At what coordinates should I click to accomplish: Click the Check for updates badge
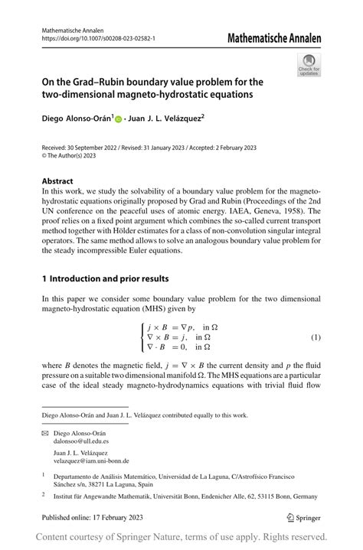[309, 64]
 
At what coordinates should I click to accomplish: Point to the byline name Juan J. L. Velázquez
[168, 119]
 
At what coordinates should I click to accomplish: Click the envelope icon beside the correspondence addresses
[45, 433]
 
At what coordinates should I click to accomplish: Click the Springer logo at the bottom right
[304, 517]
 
